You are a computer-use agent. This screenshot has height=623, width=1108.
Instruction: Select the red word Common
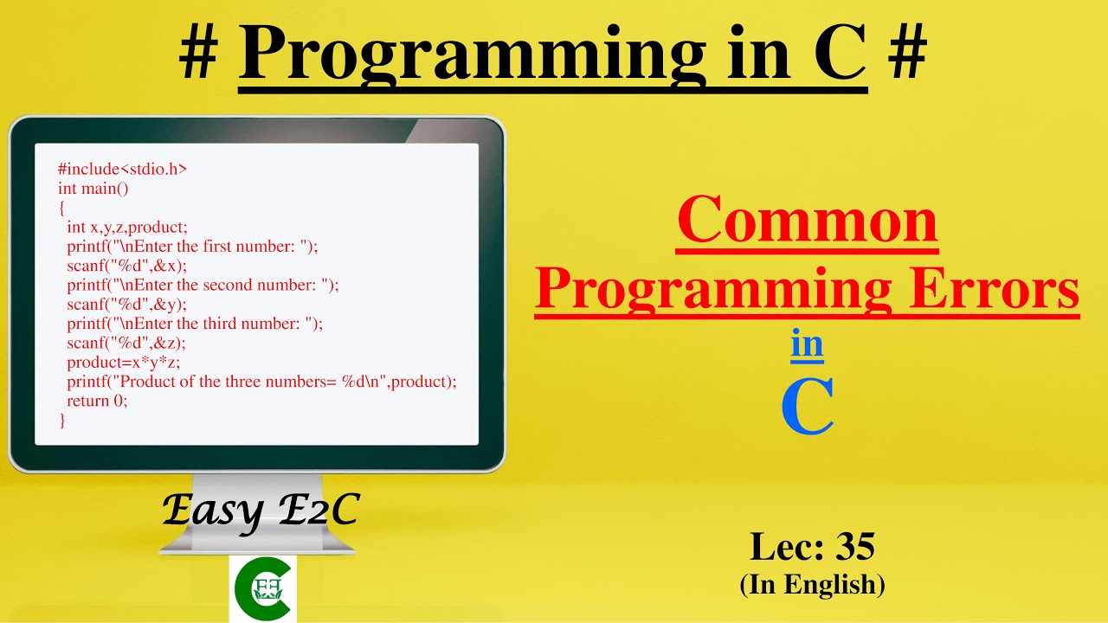[807, 220]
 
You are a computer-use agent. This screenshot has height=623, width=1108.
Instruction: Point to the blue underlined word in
[807, 344]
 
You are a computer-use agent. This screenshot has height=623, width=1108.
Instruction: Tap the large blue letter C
[807, 407]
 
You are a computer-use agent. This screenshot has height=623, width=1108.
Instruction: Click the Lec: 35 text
[812, 546]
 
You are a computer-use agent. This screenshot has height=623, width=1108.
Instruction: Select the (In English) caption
[812, 585]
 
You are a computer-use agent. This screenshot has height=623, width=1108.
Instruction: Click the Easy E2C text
[260, 511]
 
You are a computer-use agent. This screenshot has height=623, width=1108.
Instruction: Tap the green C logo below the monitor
[262, 588]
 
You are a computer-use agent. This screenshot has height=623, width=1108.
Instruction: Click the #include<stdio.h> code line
[122, 169]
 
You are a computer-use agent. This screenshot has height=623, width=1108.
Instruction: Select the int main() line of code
[93, 188]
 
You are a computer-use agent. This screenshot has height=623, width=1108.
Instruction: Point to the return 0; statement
[97, 401]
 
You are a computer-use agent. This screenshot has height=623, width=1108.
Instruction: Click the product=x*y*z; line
[123, 363]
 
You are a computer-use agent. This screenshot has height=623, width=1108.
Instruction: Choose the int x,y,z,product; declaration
[126, 227]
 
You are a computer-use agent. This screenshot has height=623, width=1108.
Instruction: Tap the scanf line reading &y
[126, 305]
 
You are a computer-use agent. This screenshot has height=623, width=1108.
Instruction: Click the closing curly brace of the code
[61, 421]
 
